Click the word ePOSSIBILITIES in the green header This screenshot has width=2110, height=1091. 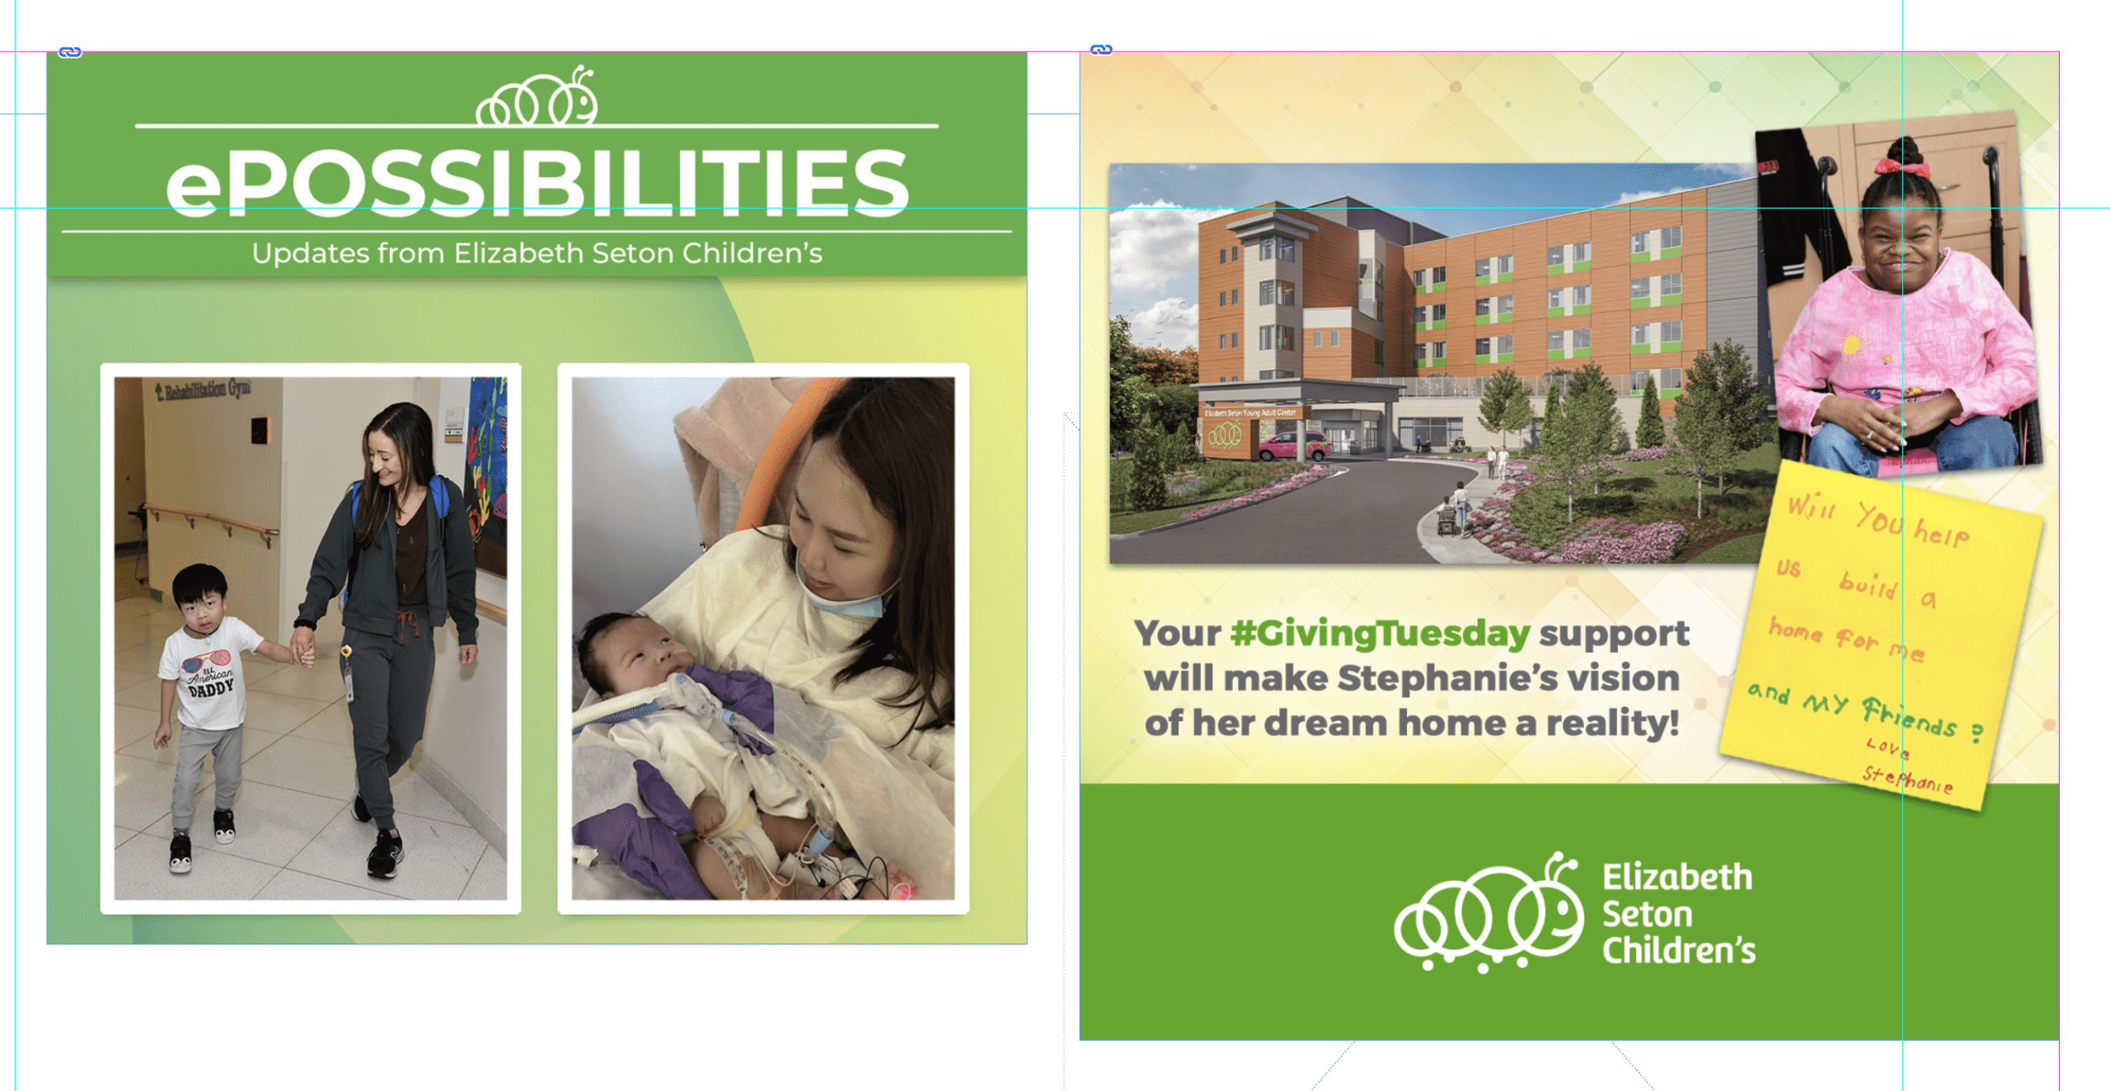[537, 183]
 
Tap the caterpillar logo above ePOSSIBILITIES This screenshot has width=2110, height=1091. [537, 96]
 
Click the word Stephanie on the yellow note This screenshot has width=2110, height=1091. [1907, 780]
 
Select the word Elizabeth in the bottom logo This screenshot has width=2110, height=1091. [1676, 878]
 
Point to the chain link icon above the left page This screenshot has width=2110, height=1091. [70, 53]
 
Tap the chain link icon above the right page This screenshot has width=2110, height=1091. [1101, 50]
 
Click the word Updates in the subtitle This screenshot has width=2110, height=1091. [311, 254]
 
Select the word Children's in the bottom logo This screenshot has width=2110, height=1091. [1678, 951]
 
